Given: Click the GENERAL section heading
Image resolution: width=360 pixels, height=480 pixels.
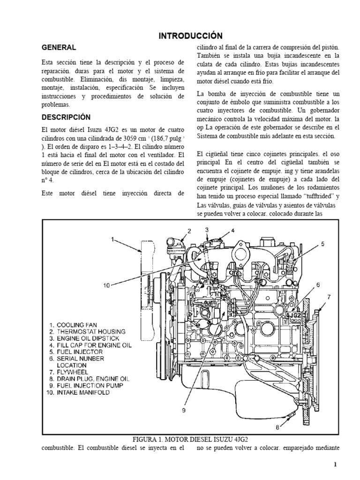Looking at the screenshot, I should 59,47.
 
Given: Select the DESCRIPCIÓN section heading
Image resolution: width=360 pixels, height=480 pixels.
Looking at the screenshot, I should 66,117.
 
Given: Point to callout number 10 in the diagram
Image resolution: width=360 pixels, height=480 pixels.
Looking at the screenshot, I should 107,284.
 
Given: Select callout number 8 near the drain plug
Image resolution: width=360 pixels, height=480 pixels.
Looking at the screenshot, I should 277,427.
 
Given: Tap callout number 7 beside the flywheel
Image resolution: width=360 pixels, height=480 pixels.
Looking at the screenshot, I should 329,297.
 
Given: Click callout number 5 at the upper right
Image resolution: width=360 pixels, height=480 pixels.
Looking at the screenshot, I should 323,244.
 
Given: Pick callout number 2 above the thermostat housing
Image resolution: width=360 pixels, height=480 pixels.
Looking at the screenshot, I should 189,231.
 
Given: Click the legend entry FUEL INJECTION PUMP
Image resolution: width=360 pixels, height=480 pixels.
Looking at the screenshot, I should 90,385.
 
